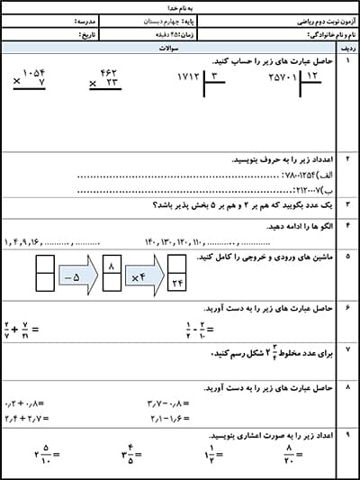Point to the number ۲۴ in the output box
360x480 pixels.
[x=176, y=286]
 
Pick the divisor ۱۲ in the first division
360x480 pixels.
[x=311, y=79]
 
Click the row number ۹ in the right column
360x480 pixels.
[x=346, y=433]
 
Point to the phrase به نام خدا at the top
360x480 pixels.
[x=180, y=5]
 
